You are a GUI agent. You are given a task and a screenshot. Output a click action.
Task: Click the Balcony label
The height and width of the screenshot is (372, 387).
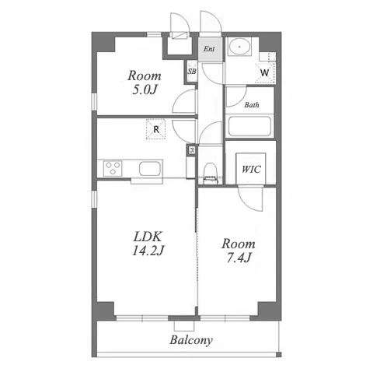click(x=191, y=340)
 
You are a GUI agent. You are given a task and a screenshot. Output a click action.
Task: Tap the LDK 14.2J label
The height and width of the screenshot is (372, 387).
click(x=148, y=244)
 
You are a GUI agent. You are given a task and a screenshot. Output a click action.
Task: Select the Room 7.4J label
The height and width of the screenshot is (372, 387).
click(x=239, y=251)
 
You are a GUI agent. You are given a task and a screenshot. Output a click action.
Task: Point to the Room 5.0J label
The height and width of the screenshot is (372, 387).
click(x=145, y=82)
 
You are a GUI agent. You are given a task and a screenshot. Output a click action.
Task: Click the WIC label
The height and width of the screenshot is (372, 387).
click(x=251, y=170)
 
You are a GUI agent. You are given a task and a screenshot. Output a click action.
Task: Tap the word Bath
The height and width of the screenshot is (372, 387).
click(x=252, y=105)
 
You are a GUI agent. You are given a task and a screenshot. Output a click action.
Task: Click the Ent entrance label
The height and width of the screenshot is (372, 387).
click(x=209, y=49)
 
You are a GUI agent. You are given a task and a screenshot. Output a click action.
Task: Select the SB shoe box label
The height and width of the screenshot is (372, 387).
click(x=192, y=71)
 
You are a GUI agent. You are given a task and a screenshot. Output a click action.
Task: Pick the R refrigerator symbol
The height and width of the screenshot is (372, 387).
click(x=156, y=129)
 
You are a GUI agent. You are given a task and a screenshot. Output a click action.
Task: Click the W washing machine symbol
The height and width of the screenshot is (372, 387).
click(x=265, y=72)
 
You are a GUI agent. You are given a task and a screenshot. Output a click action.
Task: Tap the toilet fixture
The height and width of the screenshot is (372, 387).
click(x=209, y=173)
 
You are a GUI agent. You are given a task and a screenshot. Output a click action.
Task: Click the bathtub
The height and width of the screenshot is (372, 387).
click(x=249, y=126)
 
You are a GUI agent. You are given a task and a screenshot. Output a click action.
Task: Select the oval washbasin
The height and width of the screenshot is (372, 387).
click(x=239, y=47)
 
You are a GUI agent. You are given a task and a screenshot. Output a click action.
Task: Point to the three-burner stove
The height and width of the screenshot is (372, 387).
click(x=113, y=168)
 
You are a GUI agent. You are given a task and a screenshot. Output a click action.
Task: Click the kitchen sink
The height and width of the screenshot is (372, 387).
click(x=149, y=169)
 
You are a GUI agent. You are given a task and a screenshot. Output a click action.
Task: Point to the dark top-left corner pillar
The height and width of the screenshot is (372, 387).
click(x=103, y=42)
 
